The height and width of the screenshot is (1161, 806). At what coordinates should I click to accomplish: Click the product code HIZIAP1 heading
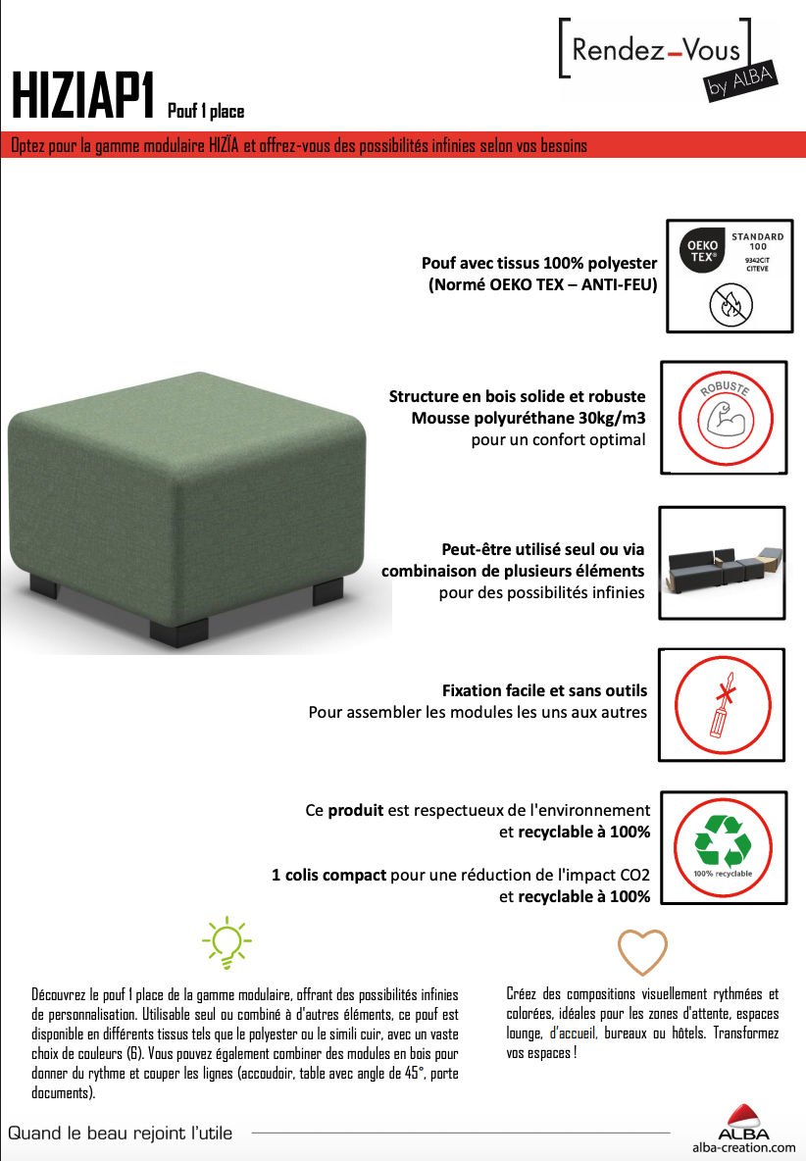pyautogui.click(x=83, y=96)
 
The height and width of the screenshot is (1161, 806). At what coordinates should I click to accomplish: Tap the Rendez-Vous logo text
pyautogui.click(x=656, y=50)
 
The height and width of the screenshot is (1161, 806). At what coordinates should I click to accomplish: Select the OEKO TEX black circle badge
pyautogui.click(x=702, y=250)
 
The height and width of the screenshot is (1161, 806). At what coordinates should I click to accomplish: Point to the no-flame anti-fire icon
pyautogui.click(x=731, y=304)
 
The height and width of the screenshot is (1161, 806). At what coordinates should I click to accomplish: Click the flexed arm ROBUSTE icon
pyautogui.click(x=726, y=419)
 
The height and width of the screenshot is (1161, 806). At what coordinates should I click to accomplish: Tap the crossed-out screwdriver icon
pyautogui.click(x=724, y=705)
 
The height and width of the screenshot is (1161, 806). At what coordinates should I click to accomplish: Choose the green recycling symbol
pyautogui.click(x=723, y=840)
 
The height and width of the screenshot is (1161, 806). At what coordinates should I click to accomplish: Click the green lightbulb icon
pyautogui.click(x=227, y=941)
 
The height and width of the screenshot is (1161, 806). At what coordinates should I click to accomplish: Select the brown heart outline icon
pyautogui.click(x=642, y=951)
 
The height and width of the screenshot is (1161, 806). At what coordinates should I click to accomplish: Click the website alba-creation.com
pyautogui.click(x=744, y=1147)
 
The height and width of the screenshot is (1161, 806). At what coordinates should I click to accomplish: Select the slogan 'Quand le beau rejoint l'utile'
pyautogui.click(x=120, y=1133)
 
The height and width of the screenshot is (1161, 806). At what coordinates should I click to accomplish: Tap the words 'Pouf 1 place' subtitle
pyautogui.click(x=206, y=111)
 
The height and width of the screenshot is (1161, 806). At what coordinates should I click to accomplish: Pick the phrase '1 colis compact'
pyautogui.click(x=328, y=876)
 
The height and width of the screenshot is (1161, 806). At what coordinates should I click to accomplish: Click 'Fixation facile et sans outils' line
pyautogui.click(x=545, y=691)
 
